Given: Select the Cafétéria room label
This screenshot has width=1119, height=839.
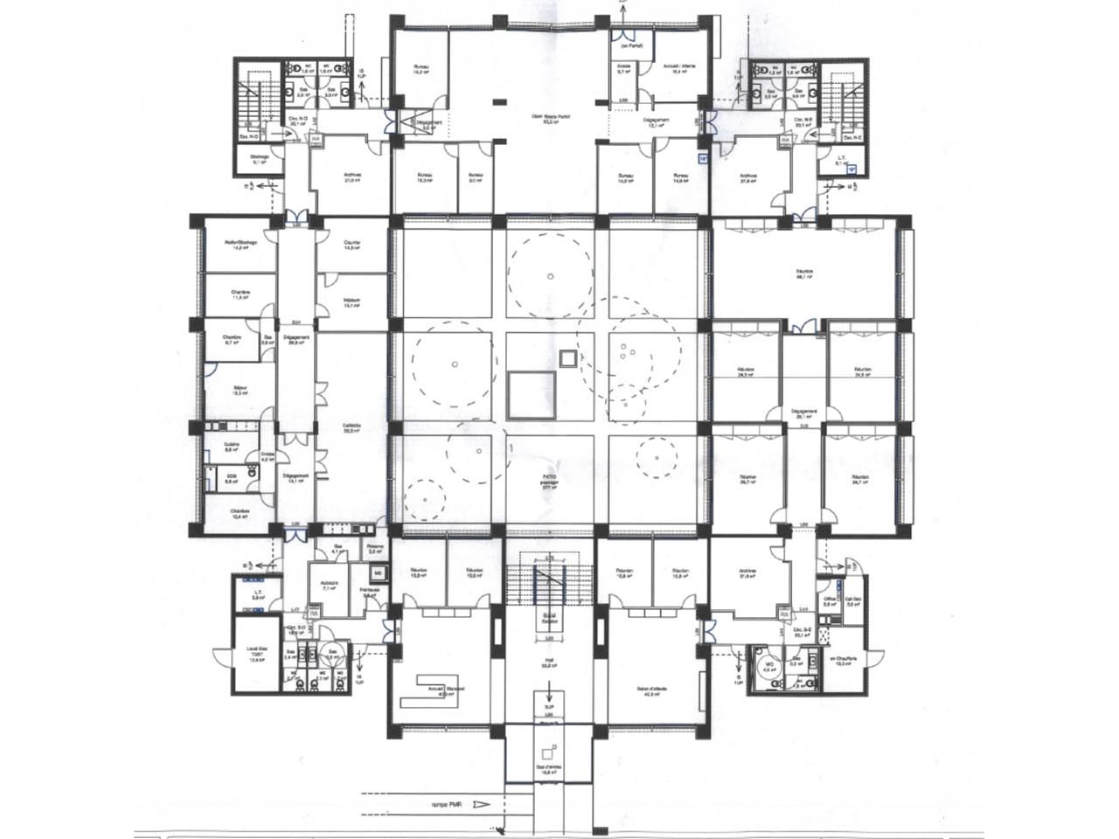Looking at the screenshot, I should pos(351,428).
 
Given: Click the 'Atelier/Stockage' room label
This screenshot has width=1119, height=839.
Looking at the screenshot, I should pos(239,245).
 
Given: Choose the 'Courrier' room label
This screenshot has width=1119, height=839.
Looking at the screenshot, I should pos(352,245).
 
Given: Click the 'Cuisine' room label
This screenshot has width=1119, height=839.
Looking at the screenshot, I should pos(232,447).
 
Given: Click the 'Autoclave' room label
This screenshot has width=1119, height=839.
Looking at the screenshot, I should pos(330,586).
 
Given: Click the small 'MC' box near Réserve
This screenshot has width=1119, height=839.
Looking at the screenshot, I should pos(379,572).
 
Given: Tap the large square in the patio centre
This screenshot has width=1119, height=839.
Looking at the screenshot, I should pos(531,393).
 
